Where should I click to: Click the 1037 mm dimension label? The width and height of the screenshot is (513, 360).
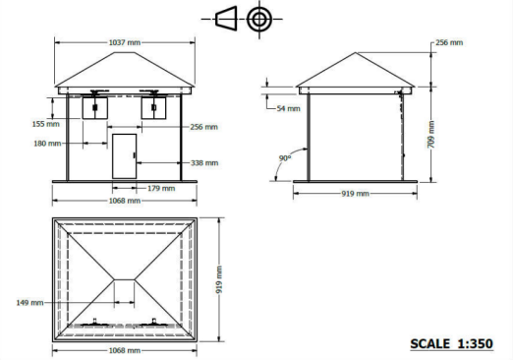click(125, 42)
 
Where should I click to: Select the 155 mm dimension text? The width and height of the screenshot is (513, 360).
click(46, 124)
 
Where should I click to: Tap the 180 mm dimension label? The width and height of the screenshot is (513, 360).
click(47, 144)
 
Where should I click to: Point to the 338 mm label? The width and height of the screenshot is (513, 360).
click(204, 163)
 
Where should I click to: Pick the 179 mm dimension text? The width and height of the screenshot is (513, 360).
click(161, 188)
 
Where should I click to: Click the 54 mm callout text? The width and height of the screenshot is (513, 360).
click(288, 108)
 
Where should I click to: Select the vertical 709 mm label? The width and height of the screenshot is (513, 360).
click(431, 135)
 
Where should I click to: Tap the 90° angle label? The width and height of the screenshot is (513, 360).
click(285, 158)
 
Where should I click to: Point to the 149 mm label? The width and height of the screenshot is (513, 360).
click(29, 303)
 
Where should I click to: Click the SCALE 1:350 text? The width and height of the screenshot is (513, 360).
click(452, 344)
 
